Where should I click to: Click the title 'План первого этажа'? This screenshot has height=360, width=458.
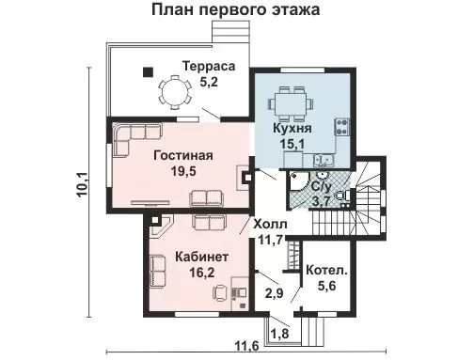(236, 9)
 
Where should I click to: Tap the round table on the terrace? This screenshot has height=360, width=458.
(175, 92)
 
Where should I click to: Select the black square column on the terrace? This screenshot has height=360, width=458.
(148, 72)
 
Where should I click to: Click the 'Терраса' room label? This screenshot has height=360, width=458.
(209, 66)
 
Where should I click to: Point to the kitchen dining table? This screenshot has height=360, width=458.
(291, 103)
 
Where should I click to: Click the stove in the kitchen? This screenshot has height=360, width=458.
(342, 127)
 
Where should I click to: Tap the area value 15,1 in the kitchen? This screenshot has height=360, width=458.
(292, 145)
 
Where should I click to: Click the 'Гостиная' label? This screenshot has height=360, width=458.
(183, 155)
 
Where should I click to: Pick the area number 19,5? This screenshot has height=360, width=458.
(183, 171)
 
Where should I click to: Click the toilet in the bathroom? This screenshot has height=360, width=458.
(342, 196)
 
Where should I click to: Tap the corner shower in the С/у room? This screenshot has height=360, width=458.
(299, 181)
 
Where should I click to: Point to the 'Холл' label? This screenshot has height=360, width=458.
(270, 225)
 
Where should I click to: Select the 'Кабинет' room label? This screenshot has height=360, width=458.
(202, 257)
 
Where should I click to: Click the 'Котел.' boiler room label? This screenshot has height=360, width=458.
(327, 271)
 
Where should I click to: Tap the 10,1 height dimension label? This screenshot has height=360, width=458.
(83, 185)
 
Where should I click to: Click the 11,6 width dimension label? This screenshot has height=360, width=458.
(247, 347)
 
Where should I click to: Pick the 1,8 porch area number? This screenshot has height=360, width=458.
(279, 334)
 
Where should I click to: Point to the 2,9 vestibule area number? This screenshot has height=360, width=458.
(275, 293)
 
